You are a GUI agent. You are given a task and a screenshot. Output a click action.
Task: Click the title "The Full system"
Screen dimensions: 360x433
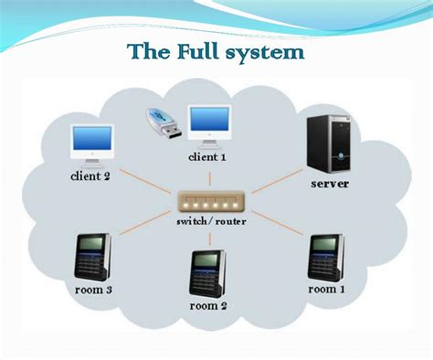(x=216, y=51)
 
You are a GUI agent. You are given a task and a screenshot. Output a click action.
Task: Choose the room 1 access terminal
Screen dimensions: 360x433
(x=325, y=256)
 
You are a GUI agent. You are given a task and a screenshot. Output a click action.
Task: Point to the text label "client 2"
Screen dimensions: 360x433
(x=90, y=175)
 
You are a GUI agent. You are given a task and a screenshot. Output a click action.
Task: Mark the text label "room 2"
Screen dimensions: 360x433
(x=209, y=306)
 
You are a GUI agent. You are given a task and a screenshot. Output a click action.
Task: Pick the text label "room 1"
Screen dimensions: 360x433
(x=327, y=289)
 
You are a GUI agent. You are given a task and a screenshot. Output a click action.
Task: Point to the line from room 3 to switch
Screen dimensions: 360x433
(x=146, y=228)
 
